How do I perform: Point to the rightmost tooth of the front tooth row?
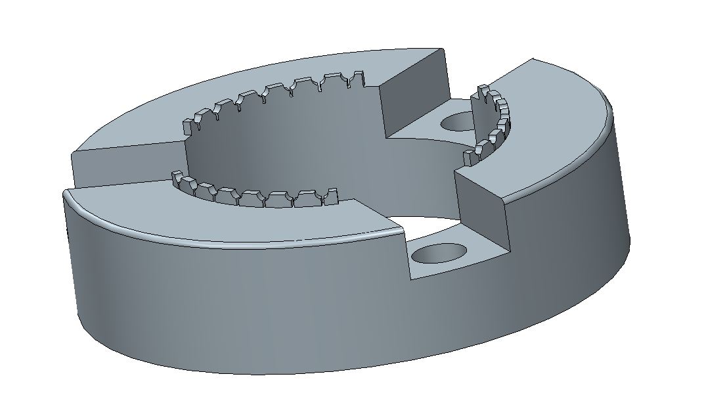[331, 196]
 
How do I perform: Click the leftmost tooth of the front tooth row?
[177, 177]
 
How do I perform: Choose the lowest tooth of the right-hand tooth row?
[469, 158]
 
